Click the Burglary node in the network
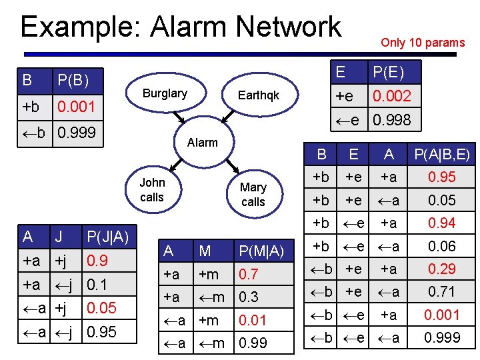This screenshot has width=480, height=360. (165, 94)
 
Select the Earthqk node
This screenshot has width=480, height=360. (259, 96)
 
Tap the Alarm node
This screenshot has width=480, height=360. (202, 142)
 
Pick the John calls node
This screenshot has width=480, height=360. (152, 189)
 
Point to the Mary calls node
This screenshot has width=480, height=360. (253, 194)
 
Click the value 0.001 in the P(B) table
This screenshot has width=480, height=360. (76, 107)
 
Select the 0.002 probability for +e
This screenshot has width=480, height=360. (391, 96)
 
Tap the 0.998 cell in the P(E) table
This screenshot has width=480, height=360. (391, 120)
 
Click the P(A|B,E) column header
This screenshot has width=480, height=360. (441, 155)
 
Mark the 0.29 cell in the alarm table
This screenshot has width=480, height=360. (442, 269)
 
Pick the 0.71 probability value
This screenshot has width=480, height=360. (442, 292)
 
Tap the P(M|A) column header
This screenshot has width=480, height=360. (261, 251)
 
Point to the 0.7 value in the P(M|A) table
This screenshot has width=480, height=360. (248, 274)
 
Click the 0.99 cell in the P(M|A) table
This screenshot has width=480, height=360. (252, 343)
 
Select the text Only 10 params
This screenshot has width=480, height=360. (422, 43)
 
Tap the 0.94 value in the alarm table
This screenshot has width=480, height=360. (442, 223)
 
